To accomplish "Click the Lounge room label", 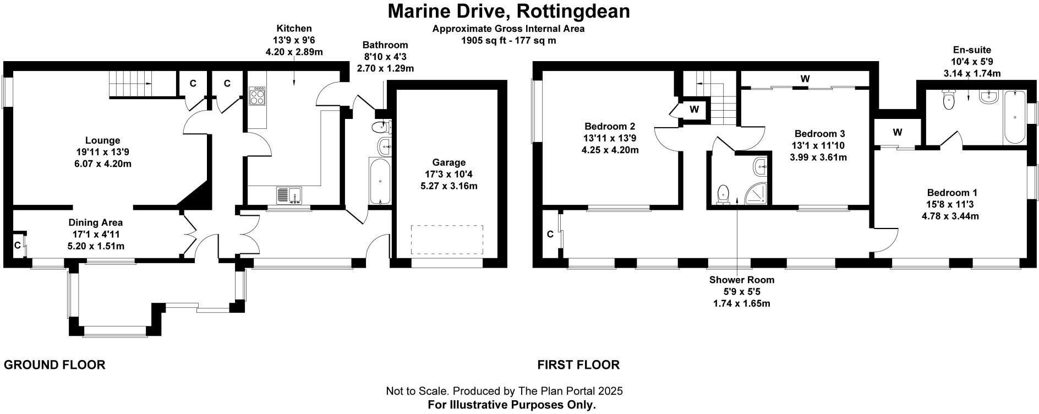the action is [x=102, y=140].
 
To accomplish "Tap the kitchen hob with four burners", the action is [x=257, y=97].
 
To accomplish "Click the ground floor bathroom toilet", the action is [x=381, y=128].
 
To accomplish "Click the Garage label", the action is [x=449, y=162].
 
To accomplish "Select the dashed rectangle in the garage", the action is [x=447, y=239].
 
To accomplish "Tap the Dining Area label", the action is [x=96, y=223].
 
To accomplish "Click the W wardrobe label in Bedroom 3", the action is [x=805, y=79].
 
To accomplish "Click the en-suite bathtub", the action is [x=1014, y=117].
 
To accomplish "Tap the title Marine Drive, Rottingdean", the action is [x=509, y=11].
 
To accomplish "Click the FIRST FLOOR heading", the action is [x=578, y=364].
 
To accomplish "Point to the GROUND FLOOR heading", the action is [x=54, y=364].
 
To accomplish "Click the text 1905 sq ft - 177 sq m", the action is [x=508, y=40].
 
